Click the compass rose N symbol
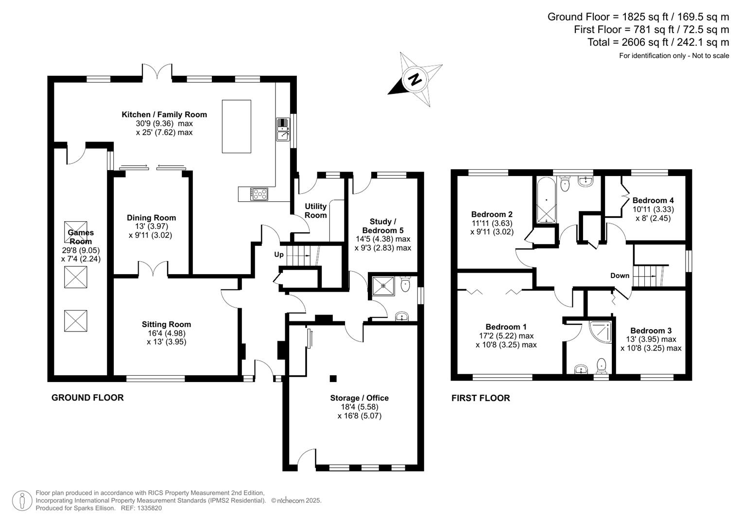point(415,79)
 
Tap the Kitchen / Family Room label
point(164,115)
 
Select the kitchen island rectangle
point(237,126)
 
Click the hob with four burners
point(259,194)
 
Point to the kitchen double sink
point(282,129)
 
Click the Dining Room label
point(151,218)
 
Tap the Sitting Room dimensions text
point(166,337)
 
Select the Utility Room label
point(315,210)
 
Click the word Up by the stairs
point(279,255)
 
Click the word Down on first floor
point(620,276)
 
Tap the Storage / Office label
point(359,398)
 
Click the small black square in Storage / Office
point(333,378)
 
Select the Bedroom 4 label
point(653,200)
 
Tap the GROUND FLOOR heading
point(87,398)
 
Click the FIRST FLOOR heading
point(481,398)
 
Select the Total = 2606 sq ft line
point(658,42)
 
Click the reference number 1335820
point(149,508)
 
